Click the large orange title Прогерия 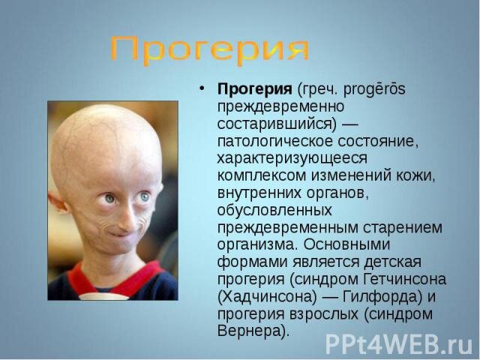209,50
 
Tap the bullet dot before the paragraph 202,89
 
